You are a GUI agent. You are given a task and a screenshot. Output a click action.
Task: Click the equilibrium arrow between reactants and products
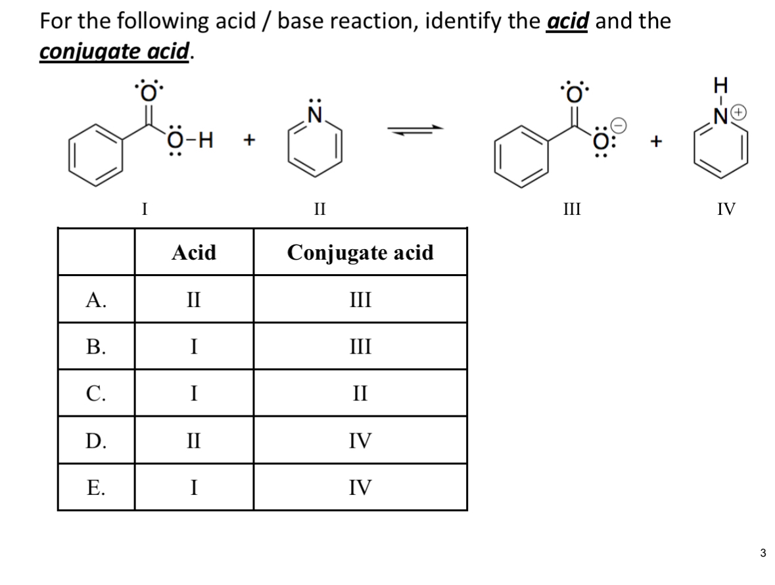(x=413, y=133)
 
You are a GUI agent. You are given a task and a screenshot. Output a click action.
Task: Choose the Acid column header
(x=194, y=252)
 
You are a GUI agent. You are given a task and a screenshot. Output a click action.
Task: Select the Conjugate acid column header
(x=360, y=252)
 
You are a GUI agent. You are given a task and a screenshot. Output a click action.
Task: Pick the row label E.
(x=96, y=487)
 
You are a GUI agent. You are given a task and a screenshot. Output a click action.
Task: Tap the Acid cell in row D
(x=194, y=440)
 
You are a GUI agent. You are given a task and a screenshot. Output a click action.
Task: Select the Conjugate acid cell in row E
(x=360, y=487)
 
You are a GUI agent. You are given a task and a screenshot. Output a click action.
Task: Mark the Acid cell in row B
(x=194, y=346)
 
